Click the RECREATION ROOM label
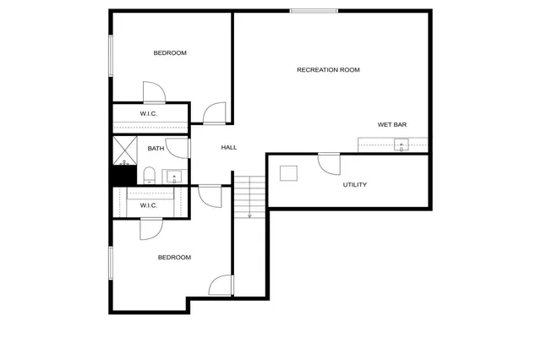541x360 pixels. [328, 69]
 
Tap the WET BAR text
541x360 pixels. [392, 124]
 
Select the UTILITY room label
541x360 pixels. [354, 184]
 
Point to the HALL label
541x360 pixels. [229, 147]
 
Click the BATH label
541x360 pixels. [156, 149]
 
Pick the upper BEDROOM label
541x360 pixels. [170, 53]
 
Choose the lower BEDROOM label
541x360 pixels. [174, 257]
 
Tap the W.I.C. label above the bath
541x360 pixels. [149, 114]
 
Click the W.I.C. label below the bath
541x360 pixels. [149, 205]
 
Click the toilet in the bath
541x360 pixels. [149, 176]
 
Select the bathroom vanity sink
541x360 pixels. [175, 177]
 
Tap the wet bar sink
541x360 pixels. [401, 144]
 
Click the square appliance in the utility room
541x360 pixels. [290, 174]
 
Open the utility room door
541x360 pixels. [328, 163]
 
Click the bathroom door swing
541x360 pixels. [177, 147]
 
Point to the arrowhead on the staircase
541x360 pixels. [249, 216]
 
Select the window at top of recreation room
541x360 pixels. [314, 11]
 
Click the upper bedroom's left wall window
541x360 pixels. [110, 56]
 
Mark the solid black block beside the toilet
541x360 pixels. [123, 176]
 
